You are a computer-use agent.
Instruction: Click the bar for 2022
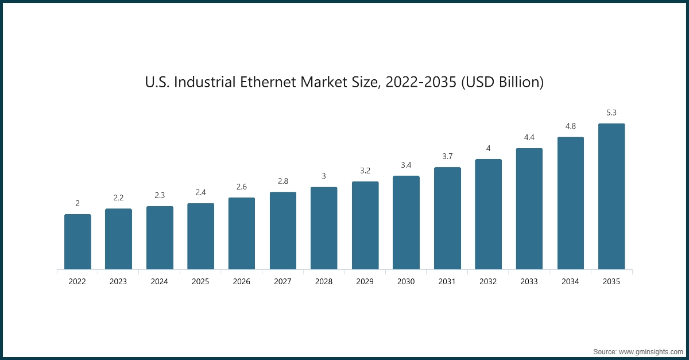point(78,242)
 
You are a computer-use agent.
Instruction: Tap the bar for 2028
point(324,228)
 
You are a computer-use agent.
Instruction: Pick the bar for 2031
point(447,218)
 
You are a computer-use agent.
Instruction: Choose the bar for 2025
point(201,236)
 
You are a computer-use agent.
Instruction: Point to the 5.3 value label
point(611,113)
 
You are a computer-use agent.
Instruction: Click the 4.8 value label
point(570,126)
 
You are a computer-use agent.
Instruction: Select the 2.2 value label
point(118,198)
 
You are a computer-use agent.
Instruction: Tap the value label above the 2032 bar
point(488,148)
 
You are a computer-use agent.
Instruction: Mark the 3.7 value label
point(447,156)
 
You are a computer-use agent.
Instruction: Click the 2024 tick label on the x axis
point(160,282)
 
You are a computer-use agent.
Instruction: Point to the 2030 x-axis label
point(406,282)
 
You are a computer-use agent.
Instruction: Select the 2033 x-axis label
point(529,282)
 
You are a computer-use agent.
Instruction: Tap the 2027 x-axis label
point(283,282)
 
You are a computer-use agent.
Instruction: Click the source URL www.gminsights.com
point(651,351)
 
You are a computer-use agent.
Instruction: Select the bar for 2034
point(570,203)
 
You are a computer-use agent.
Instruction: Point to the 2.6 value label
point(242,187)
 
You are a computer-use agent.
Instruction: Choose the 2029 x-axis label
point(365,282)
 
